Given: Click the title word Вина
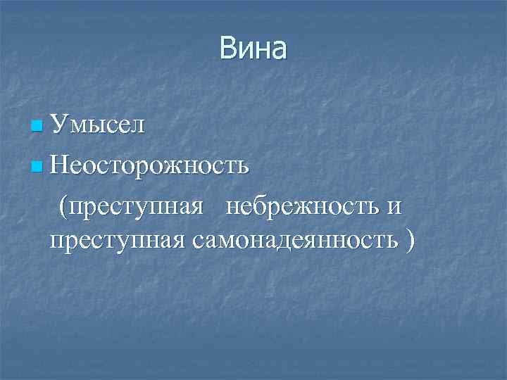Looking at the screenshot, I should [253, 49].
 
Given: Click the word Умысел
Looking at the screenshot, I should [98, 127].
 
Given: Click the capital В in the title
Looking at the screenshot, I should [228, 49].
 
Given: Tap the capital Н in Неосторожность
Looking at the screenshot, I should [61, 167].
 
